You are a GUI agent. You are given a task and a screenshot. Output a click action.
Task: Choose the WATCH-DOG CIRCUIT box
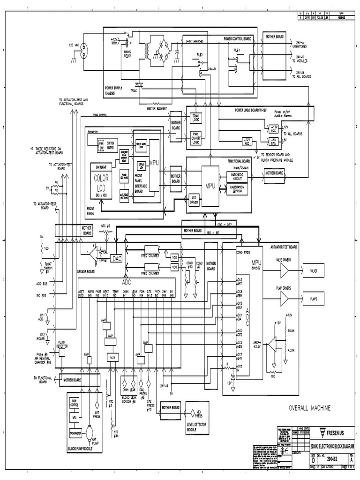pyautogui.click(x=236, y=176)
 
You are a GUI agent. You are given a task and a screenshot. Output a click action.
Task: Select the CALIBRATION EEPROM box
pyautogui.click(x=236, y=188)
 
